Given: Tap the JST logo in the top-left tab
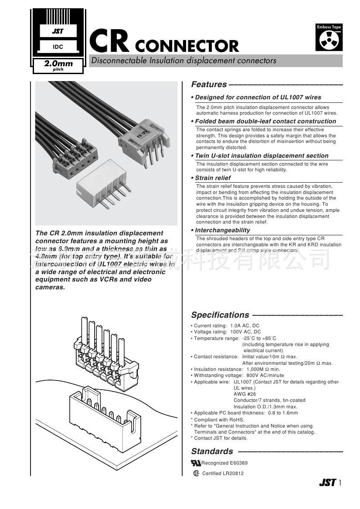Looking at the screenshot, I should click(x=58, y=31).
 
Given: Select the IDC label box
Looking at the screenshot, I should click(x=58, y=46).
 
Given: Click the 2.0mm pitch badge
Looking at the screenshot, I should click(x=58, y=65).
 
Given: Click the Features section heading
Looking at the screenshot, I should click(x=209, y=85).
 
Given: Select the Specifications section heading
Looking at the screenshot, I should click(x=220, y=315).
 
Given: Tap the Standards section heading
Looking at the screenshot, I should click(x=212, y=451).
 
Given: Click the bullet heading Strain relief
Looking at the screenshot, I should click(x=213, y=178).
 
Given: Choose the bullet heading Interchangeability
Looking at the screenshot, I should click(x=222, y=230).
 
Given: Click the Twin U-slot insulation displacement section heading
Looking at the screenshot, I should click(x=262, y=156).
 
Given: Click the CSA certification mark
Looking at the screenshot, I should click(x=196, y=473).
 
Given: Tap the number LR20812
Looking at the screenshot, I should click(x=233, y=474).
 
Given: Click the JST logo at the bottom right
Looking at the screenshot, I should click(x=327, y=482).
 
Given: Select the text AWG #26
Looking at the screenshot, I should click(x=245, y=394).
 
